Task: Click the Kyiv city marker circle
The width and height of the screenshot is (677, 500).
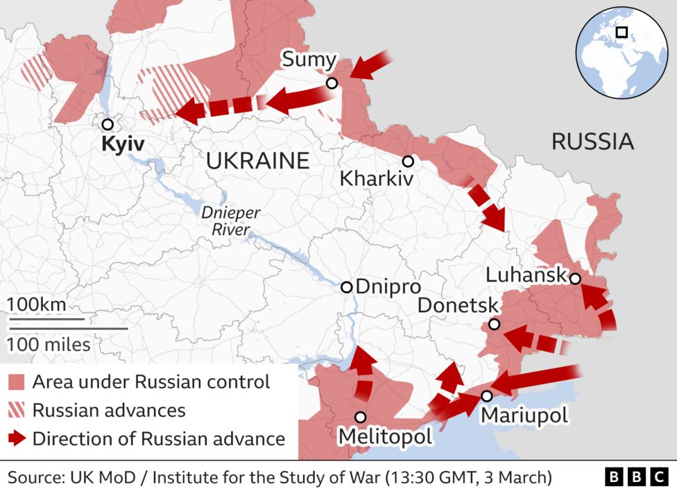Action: pos(107,124)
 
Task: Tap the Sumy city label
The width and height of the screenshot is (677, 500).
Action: pos(309,60)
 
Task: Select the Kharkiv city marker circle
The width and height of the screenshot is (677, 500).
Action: pos(408,161)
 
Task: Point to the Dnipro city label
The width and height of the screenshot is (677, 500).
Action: pos(388,287)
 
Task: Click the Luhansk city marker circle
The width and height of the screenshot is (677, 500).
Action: pos(575,278)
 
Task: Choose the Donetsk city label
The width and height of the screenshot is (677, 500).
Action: pos(459,305)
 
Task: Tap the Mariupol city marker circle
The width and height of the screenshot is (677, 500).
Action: pos(487,396)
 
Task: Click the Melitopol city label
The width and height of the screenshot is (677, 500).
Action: pos(384,436)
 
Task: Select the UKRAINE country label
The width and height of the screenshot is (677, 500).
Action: pos(257,161)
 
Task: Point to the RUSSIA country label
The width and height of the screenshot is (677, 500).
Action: pos(592,141)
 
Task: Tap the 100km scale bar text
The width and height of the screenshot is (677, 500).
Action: pos(36,304)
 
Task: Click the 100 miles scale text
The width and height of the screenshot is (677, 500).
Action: pos(49,343)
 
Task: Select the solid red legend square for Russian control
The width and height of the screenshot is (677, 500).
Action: pos(17,382)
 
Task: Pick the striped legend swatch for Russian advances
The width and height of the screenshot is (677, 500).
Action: pos(17,410)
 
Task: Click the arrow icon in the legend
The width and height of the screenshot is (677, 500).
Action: pos(17,438)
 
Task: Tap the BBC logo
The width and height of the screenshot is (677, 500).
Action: pos(636,477)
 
